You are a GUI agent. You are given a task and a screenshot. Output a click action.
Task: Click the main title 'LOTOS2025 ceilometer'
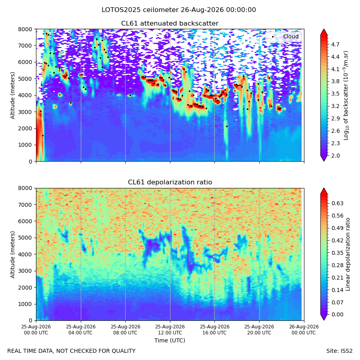pos(140,10)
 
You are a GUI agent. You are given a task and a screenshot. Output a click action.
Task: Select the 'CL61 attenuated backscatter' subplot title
pos(170,24)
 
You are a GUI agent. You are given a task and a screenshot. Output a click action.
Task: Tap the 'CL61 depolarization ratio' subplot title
pos(170,182)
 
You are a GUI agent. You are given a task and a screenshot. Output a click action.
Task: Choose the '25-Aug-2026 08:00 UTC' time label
pos(125,330)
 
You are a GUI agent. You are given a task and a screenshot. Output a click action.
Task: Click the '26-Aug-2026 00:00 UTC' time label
pos(304,330)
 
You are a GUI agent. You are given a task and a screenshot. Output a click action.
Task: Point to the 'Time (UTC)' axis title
pos(170,340)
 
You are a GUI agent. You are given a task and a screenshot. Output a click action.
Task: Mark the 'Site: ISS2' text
pos(339,351)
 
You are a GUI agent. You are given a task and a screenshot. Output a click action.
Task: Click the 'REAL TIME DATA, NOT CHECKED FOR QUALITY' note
pos(72,351)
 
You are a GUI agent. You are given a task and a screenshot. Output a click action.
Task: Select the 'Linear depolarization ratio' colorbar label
pos(348,254)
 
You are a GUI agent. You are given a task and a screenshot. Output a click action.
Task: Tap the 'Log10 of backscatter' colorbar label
pos(346,96)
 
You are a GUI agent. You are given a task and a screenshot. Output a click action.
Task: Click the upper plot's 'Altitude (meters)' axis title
pos(12,96)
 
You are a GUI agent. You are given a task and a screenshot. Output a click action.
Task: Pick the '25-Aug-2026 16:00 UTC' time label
pos(215,330)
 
